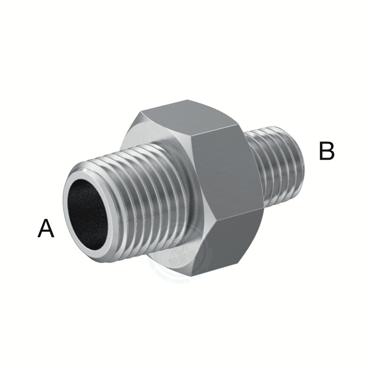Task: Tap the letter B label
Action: click(x=327, y=151)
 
